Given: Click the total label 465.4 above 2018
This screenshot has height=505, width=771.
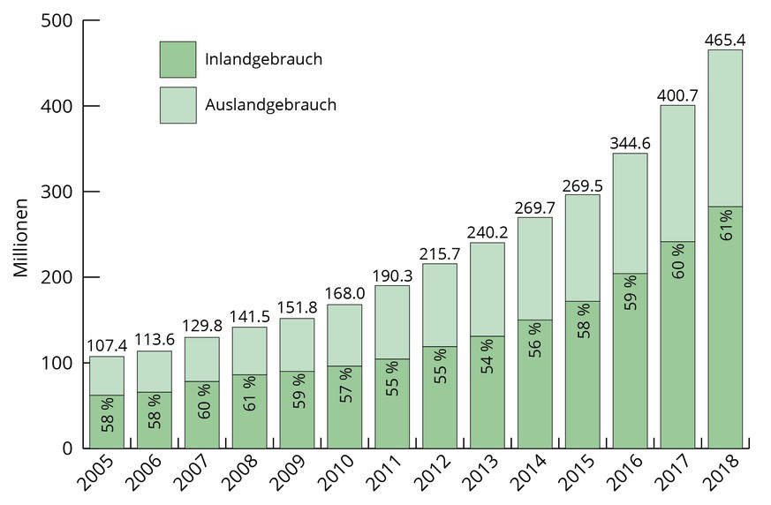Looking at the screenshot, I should [725, 40].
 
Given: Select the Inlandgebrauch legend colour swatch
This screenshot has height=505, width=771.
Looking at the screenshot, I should [178, 59].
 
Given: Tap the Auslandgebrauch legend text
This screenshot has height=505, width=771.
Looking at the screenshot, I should [270, 104].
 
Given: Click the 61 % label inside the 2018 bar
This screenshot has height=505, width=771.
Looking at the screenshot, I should [725, 225].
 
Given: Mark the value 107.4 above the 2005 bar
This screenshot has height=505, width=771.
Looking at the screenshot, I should [107, 346].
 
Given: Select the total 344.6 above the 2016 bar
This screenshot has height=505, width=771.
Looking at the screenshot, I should [630, 143].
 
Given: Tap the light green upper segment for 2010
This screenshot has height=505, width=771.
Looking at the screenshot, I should [344, 335].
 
